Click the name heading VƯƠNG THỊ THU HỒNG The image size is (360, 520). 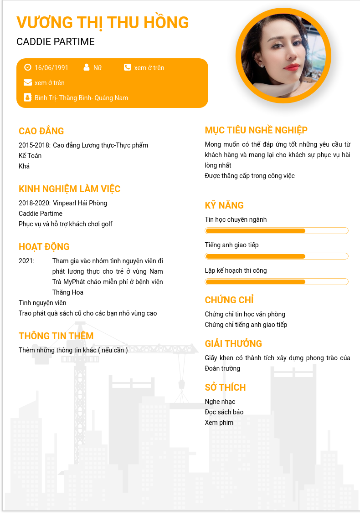tap(103, 22)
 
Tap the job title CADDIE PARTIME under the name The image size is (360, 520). tap(56, 42)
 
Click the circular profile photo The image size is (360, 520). tap(283, 56)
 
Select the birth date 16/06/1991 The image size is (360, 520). tap(51, 68)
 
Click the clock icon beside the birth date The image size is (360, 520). tap(27, 67)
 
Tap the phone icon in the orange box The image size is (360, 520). tap(127, 67)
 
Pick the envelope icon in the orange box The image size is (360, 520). tap(27, 82)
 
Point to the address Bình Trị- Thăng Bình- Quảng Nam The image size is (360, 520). tap(81, 98)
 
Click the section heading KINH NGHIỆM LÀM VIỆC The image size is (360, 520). tap(69, 189)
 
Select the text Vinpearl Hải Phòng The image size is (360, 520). tap(80, 203)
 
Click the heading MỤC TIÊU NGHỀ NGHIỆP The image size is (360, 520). tap(256, 130)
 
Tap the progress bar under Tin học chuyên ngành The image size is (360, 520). tap(277, 231)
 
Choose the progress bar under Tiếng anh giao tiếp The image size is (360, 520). tap(277, 256)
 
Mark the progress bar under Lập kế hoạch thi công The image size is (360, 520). tap(277, 282)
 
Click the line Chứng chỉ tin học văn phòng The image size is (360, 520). tap(245, 314)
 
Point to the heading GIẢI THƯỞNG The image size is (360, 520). tap(233, 344)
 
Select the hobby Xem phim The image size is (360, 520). tap(219, 423)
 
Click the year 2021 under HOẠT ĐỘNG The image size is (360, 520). tap(26, 261)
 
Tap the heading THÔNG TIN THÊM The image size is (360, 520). tap(56, 336)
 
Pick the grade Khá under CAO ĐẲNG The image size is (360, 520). tap(24, 166)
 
